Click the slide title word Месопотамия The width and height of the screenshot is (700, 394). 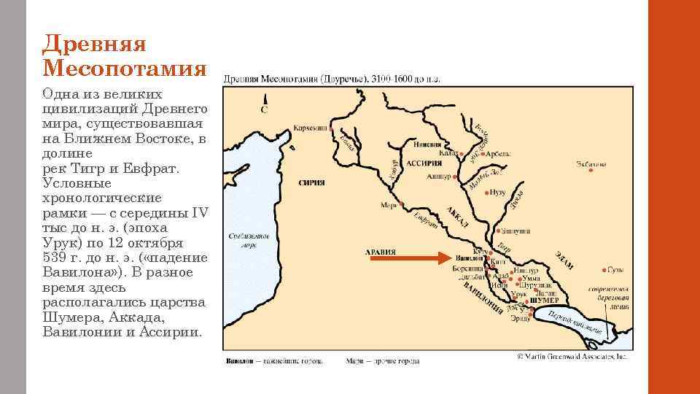pos(125,68)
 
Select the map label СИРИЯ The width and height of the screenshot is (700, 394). pos(311,183)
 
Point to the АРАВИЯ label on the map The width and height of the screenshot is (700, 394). pos(380,252)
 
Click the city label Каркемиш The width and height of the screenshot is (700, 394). pos(310,128)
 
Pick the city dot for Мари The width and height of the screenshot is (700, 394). pos(401,203)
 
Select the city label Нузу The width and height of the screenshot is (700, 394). pos(498,191)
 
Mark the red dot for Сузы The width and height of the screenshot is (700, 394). pos(604,269)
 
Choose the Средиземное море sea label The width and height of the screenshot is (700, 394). pos(249,241)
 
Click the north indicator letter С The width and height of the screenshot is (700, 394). pos(264,111)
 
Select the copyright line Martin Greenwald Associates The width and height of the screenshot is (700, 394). pos(572,357)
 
